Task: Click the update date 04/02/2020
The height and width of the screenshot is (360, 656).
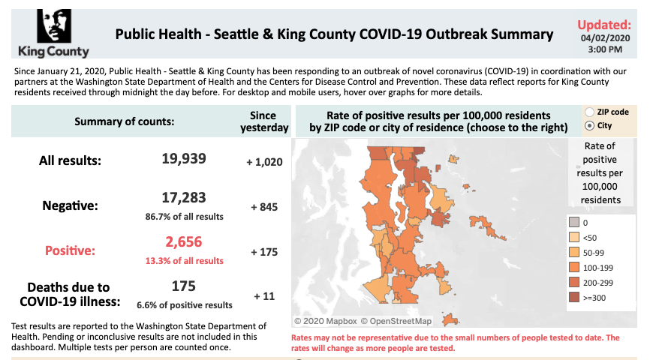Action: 602,37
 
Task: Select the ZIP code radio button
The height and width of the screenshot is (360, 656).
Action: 589,112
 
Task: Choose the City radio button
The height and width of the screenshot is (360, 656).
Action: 589,125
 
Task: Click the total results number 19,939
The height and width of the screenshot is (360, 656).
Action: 184,159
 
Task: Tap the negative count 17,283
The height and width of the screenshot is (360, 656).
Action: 184,199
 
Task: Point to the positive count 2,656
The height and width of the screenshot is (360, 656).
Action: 184,242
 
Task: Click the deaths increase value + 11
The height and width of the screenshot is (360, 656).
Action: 264,296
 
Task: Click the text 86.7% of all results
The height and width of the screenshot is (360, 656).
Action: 184,217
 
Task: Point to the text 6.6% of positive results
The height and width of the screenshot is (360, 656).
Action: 184,305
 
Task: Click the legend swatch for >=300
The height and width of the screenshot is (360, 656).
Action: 574,297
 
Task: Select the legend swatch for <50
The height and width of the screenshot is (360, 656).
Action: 574,237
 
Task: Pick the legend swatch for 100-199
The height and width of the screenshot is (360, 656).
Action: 574,267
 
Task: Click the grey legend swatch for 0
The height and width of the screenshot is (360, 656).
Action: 574,222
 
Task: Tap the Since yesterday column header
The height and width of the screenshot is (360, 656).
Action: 264,121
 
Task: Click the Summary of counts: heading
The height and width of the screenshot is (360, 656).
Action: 124,121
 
